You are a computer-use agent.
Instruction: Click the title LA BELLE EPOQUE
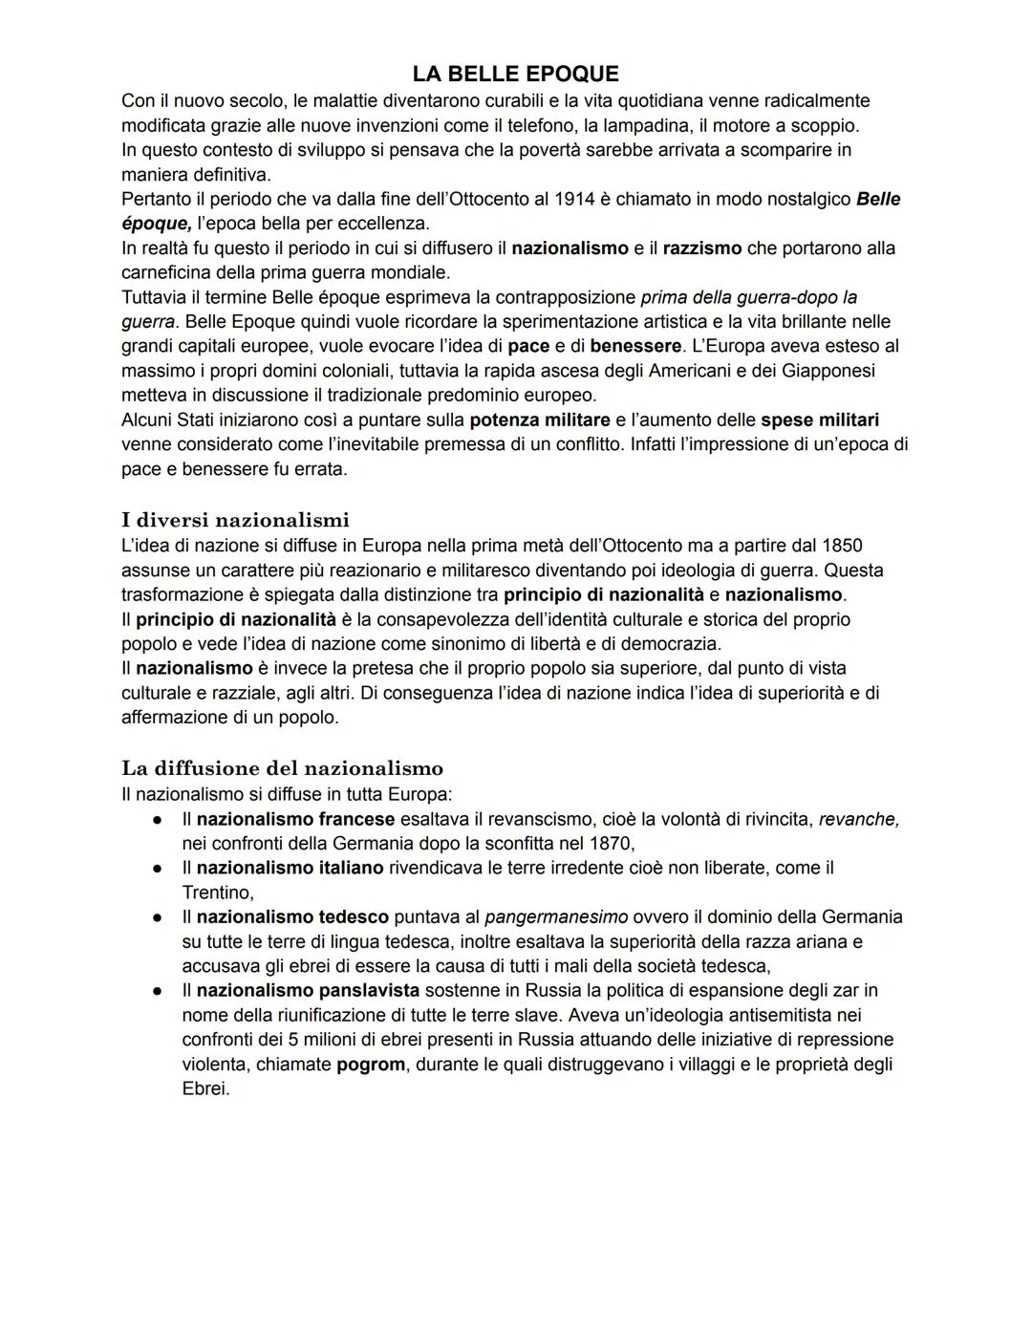pyautogui.click(x=515, y=74)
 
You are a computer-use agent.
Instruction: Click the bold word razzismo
pyautogui.click(x=702, y=248)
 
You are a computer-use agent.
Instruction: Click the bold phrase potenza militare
pyautogui.click(x=540, y=420)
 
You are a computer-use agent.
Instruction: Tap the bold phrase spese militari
pyautogui.click(x=820, y=420)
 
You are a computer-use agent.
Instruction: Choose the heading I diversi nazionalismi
pyautogui.click(x=235, y=520)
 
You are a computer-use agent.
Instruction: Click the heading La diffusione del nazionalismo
pyautogui.click(x=282, y=768)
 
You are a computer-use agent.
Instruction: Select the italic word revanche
pyautogui.click(x=859, y=819)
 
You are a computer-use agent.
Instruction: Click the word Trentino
pyautogui.click(x=216, y=892)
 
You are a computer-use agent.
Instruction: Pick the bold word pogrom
pyautogui.click(x=371, y=1064)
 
